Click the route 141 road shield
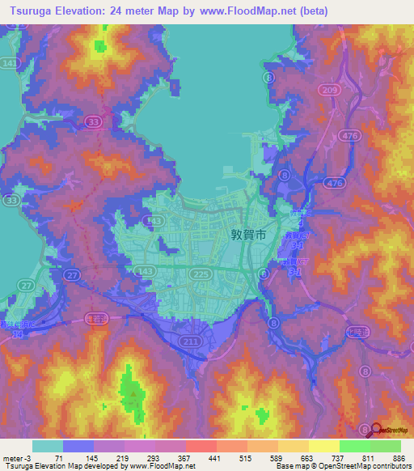9,62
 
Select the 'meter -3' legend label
18,457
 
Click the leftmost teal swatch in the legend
48,446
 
